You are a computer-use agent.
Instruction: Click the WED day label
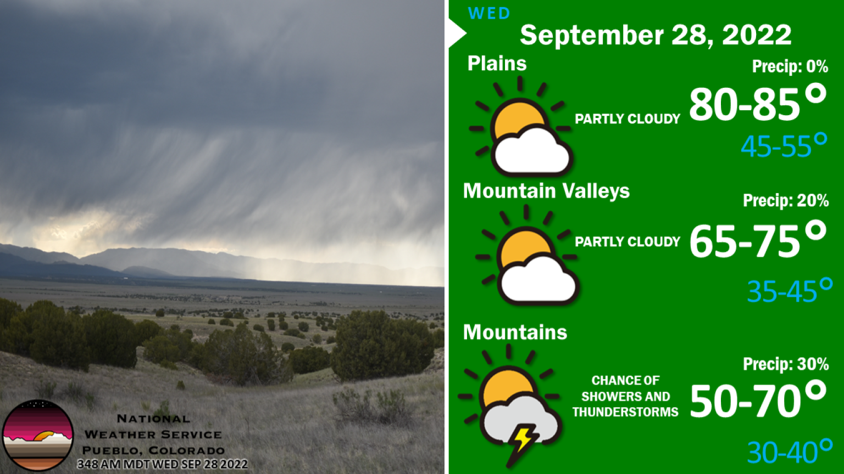click(x=488, y=14)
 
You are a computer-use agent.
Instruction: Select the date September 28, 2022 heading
click(x=656, y=35)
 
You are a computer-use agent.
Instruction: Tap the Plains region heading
click(x=497, y=63)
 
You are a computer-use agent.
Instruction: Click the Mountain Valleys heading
click(x=546, y=191)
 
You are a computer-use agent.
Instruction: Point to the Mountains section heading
click(x=515, y=332)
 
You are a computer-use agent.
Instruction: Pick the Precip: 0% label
click(x=790, y=67)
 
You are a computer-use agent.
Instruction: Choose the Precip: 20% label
click(x=786, y=200)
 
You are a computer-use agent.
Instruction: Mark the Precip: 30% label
click(x=786, y=364)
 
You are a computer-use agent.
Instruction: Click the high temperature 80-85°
click(x=758, y=103)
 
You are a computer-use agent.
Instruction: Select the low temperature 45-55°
click(x=784, y=145)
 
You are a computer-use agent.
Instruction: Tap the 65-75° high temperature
click(x=758, y=240)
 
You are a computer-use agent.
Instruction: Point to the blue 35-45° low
click(x=790, y=290)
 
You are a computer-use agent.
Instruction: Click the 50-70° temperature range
click(x=758, y=399)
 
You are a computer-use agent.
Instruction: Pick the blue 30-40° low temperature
click(x=790, y=451)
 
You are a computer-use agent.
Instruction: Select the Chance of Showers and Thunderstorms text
click(x=625, y=397)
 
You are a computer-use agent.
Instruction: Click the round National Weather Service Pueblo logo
click(x=38, y=435)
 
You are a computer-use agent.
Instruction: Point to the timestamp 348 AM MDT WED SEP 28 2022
click(x=163, y=464)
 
